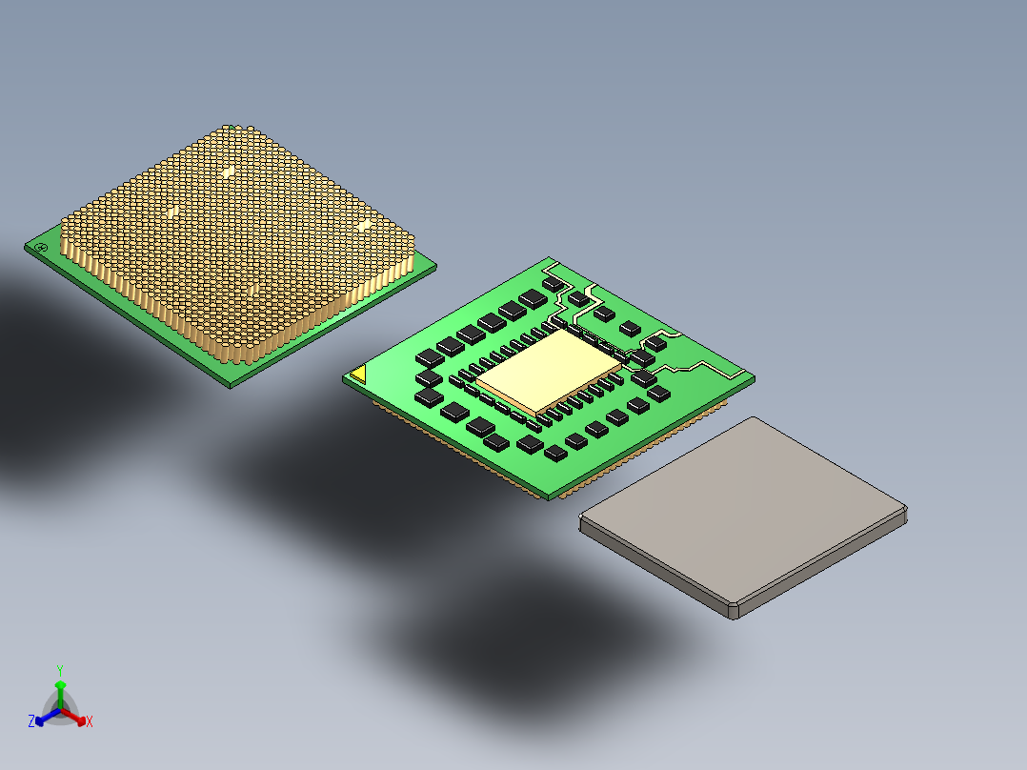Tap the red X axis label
click(89, 722)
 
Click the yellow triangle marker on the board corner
click(358, 375)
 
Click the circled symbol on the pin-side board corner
click(40, 248)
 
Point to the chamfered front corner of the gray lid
click(733, 611)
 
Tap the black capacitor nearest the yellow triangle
click(430, 379)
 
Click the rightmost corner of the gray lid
click(906, 515)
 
